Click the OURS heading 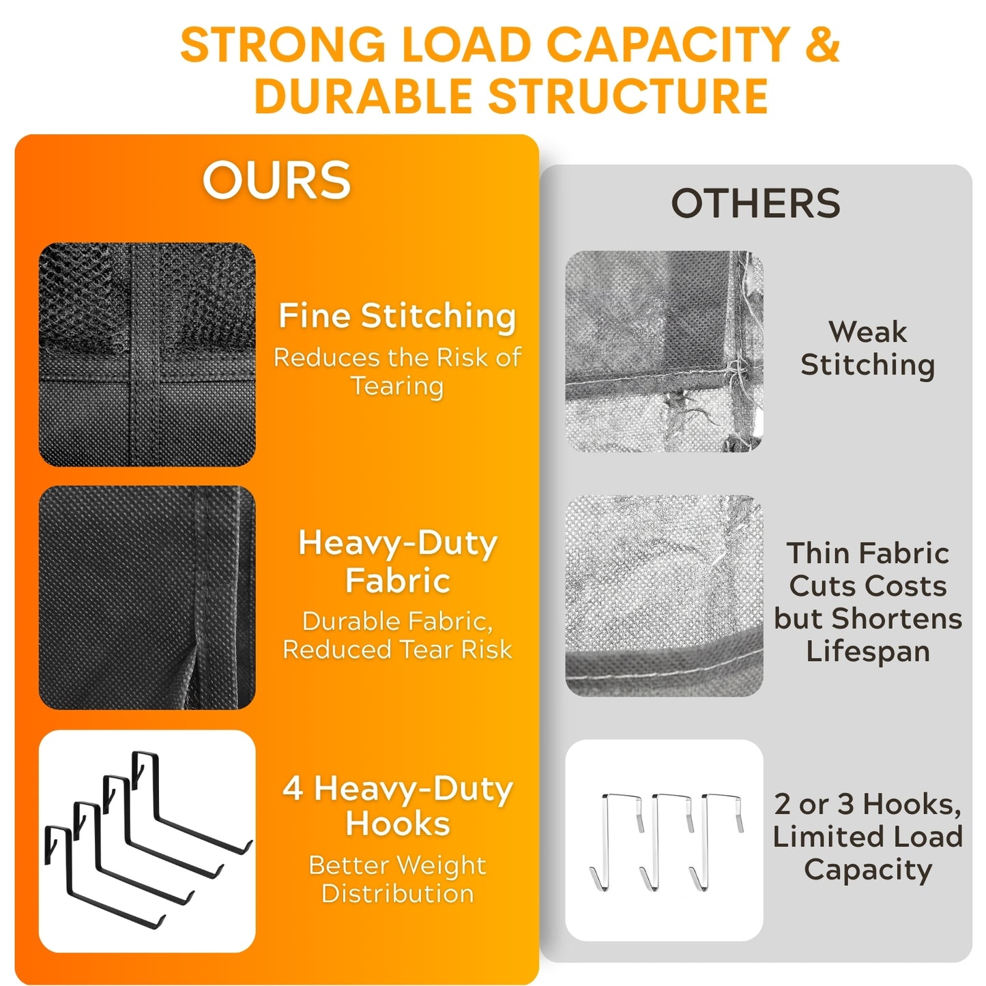276,179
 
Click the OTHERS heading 755,203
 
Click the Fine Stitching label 397,316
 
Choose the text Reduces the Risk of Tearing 397,371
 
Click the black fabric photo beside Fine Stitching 147,354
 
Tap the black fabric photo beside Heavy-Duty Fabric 147,597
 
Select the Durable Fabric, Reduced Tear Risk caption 397,635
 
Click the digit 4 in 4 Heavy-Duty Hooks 293,789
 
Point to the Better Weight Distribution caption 397,879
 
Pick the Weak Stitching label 868,349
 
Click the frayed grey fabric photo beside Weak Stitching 664,351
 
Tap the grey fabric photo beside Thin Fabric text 664,595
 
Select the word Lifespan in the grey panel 868,652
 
